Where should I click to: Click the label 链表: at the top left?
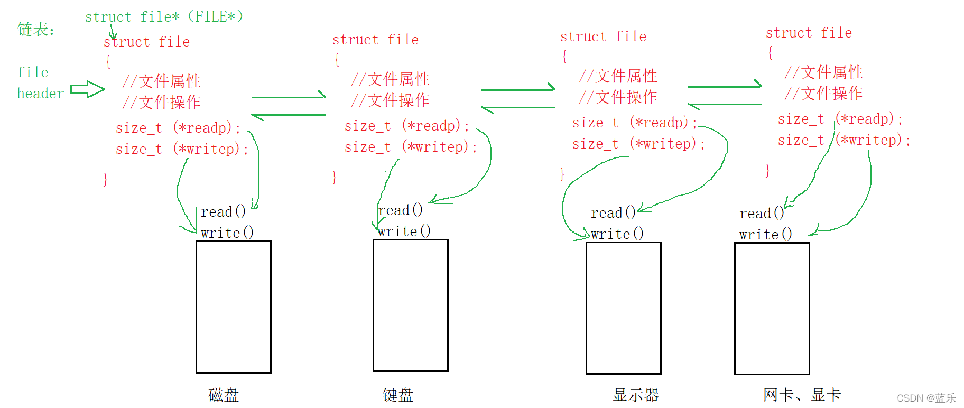pos(35,29)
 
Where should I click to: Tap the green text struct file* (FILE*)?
pos(164,16)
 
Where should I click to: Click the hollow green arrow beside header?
pos(87,89)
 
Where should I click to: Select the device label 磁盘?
pos(224,395)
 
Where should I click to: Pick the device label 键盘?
pos(398,395)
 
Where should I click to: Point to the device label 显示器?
pos(636,395)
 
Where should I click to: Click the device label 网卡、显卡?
pos(802,395)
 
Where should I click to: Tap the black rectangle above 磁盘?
pos(234,307)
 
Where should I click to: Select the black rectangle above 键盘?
pos(411,305)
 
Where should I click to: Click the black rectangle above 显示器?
pos(624,308)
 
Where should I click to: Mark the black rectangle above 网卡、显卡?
pos(772,309)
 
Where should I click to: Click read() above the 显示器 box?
pos(613,213)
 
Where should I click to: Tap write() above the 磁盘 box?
pos(227,233)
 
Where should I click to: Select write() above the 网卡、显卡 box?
pos(765,234)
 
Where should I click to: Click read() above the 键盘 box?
pos(400,210)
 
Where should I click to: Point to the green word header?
pos(40,94)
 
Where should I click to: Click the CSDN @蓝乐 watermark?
pos(926,398)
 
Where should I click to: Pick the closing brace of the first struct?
pos(105,180)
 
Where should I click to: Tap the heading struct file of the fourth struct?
pos(809,33)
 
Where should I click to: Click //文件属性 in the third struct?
pos(618,76)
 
